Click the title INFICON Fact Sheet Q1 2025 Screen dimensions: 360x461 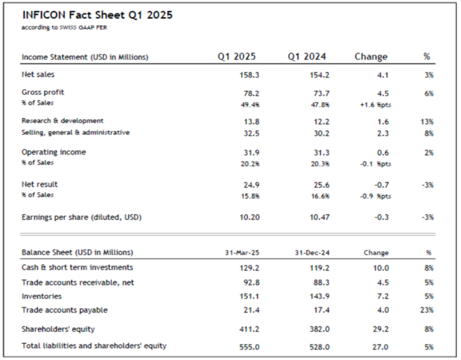click(97, 15)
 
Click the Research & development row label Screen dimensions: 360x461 click(63, 121)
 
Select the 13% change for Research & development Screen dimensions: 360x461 click(428, 121)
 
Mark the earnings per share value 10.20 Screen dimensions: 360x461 click(237, 217)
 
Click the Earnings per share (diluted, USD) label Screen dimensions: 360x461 click(82, 217)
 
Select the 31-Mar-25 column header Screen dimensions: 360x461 click(235, 252)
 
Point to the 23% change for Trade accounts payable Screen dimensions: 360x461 click(428, 310)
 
